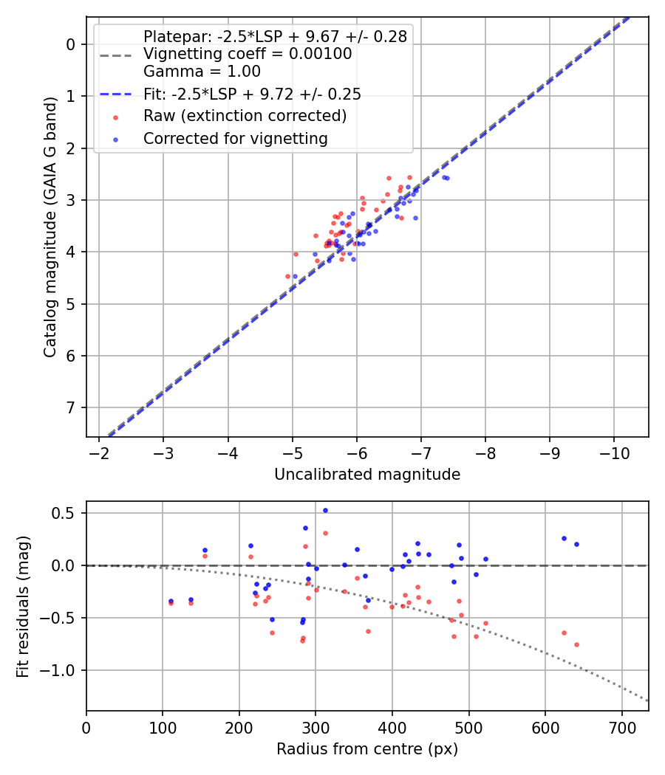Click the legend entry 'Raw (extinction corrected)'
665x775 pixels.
coord(245,116)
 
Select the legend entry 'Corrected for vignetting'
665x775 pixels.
coord(236,138)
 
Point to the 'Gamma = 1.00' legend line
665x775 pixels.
coord(202,72)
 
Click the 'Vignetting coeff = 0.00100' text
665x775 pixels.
coord(248,54)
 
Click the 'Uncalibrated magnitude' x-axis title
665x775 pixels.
coord(367,475)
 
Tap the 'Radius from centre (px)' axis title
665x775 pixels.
coord(367,749)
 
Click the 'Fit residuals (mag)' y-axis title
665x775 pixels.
coord(23,607)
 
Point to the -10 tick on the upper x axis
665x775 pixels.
coord(613,452)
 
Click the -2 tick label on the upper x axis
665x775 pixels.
coord(99,452)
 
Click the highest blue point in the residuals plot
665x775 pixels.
coord(325,510)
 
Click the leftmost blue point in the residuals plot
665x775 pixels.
coord(171,601)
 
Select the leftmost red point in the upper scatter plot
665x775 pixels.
coord(288,276)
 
